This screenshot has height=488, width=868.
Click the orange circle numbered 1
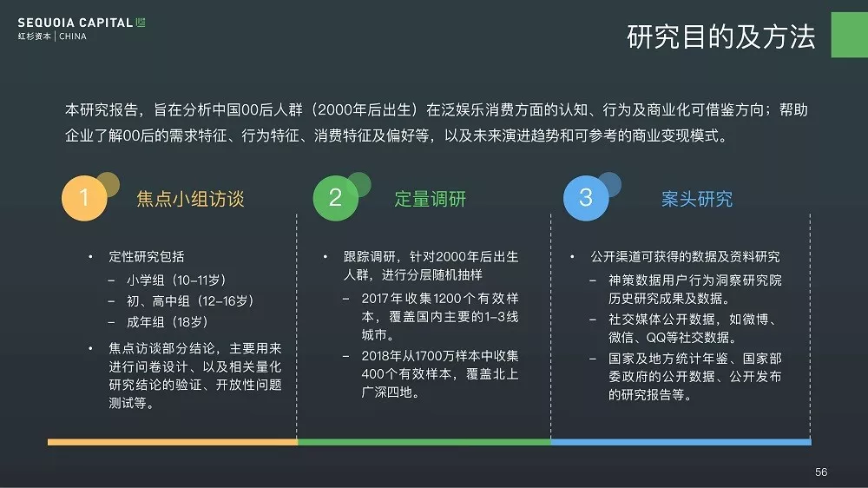click(x=84, y=198)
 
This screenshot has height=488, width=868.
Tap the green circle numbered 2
click(x=335, y=198)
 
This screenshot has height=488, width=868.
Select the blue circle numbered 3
click(x=586, y=198)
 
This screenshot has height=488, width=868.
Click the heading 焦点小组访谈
click(x=190, y=199)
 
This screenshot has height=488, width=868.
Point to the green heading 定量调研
click(x=431, y=199)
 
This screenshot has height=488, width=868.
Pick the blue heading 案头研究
click(x=697, y=199)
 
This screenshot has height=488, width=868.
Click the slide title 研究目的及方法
click(x=720, y=37)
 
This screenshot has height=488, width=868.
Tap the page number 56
click(x=821, y=472)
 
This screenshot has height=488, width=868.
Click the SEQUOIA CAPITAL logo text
click(x=76, y=23)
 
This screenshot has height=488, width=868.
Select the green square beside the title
click(x=850, y=35)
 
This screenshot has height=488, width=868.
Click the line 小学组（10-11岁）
click(x=176, y=280)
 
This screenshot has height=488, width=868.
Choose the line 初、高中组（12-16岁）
click(x=190, y=300)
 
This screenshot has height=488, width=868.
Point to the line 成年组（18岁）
click(x=168, y=322)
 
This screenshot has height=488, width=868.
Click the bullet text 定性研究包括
click(x=147, y=256)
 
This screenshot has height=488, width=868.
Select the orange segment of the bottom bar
click(x=173, y=442)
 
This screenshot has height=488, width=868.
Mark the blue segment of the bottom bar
click(x=681, y=442)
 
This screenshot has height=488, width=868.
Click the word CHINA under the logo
click(x=73, y=36)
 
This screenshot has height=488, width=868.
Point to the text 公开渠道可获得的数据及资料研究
click(x=686, y=256)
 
